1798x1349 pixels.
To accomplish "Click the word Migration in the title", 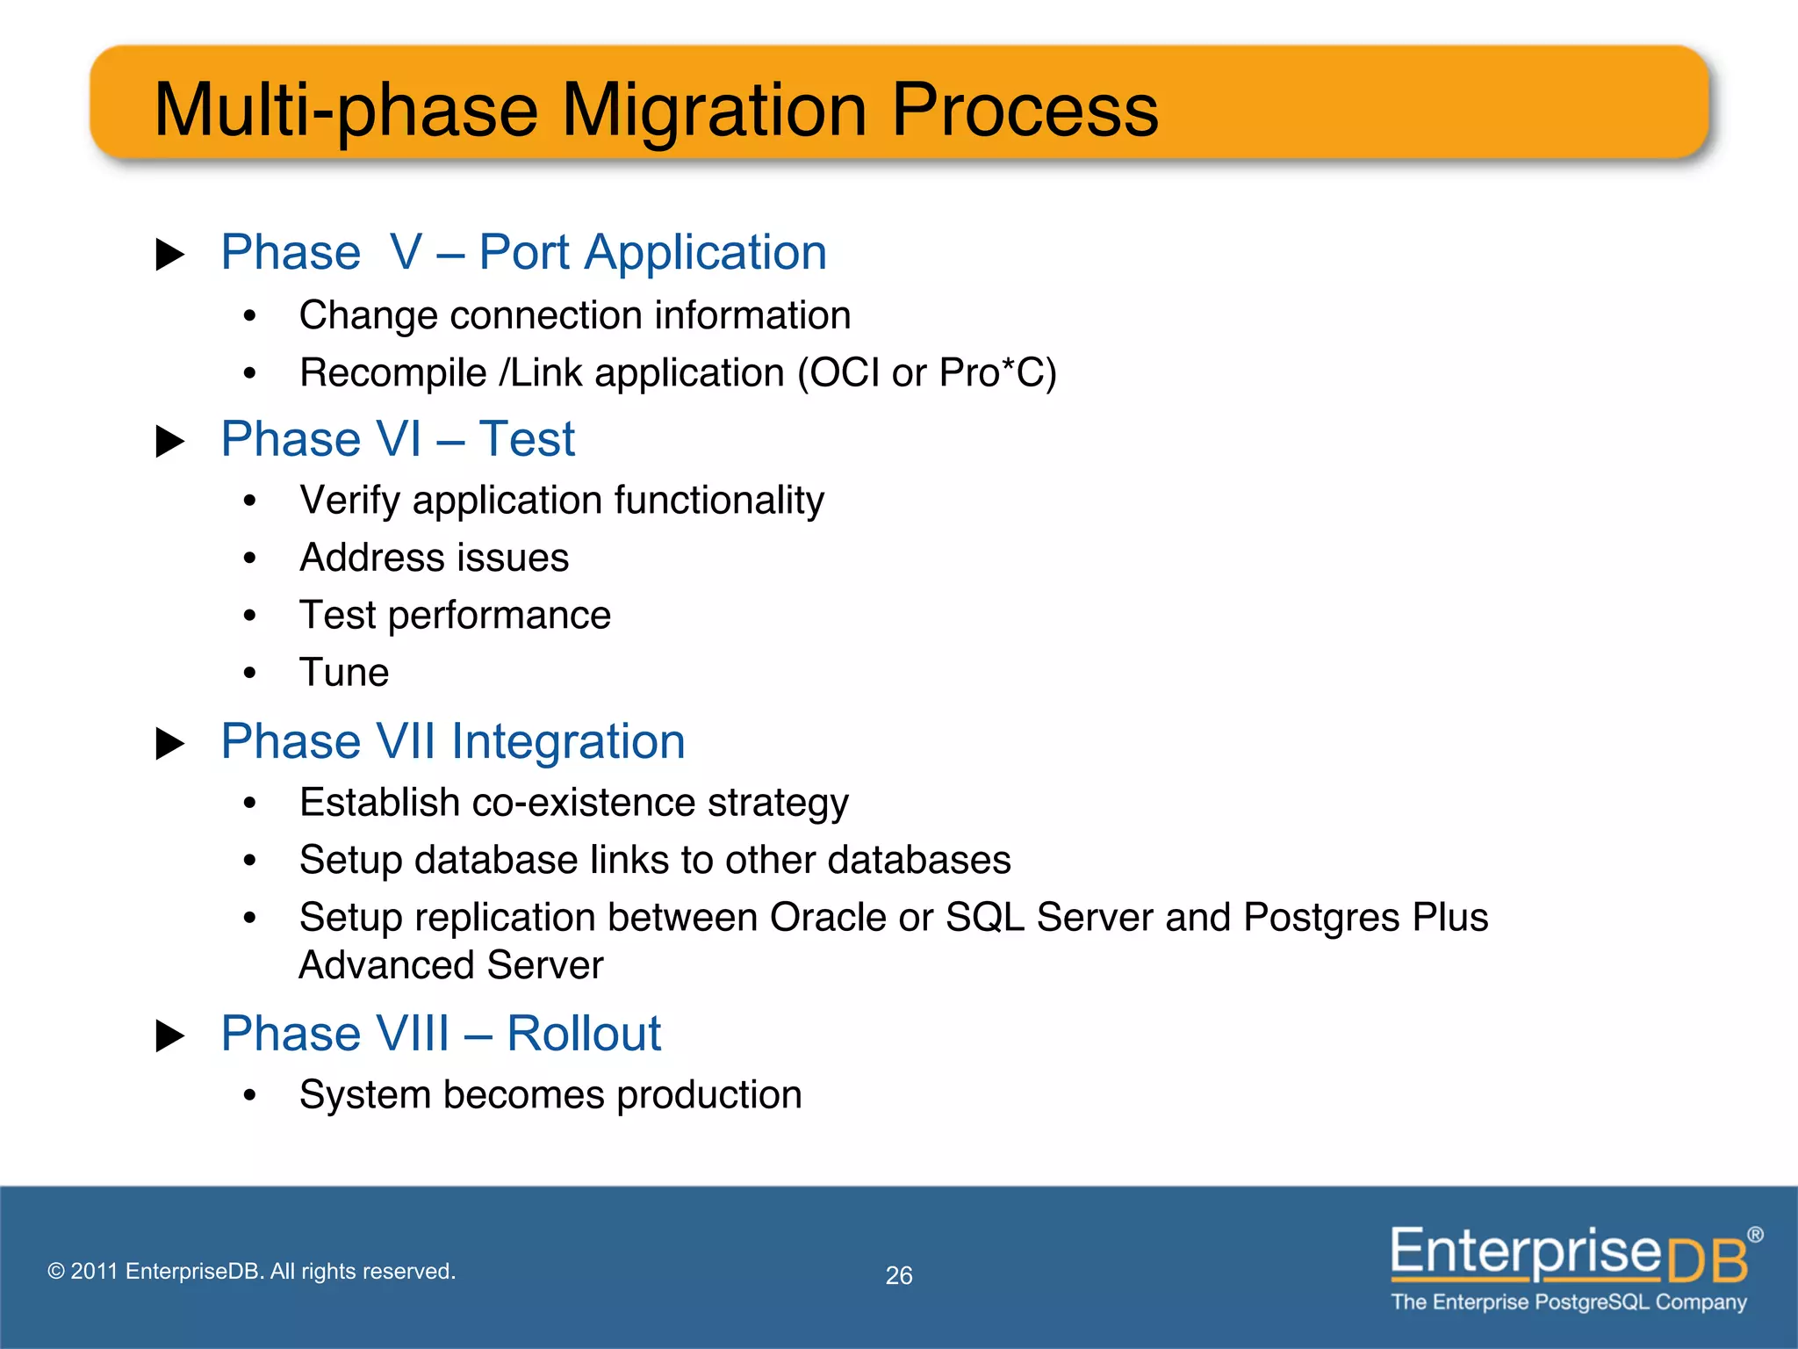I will (715, 111).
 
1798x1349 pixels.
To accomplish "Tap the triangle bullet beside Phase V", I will (169, 255).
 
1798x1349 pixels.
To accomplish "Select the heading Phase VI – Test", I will (398, 438).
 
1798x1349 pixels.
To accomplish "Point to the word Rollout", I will (584, 1033).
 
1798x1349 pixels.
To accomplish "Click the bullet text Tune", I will (343, 673).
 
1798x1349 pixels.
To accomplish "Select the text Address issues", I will (434, 558).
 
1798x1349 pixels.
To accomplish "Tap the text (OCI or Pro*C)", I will (926, 373).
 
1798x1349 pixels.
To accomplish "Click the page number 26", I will (898, 1275).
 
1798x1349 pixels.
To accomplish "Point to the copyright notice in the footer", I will (251, 1271).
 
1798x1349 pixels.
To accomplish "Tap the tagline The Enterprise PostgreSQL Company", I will (1568, 1302).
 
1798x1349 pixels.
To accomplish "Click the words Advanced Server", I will (450, 965).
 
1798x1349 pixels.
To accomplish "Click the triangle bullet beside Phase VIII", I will (169, 1035).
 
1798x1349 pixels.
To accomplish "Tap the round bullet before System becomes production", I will (250, 1095).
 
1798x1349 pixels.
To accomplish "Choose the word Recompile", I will (392, 373).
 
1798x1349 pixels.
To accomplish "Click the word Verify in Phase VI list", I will (350, 501).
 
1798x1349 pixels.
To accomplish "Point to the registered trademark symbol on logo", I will (1754, 1235).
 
